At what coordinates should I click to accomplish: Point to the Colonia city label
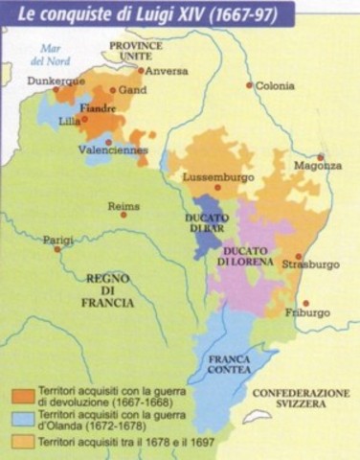(275, 84)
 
